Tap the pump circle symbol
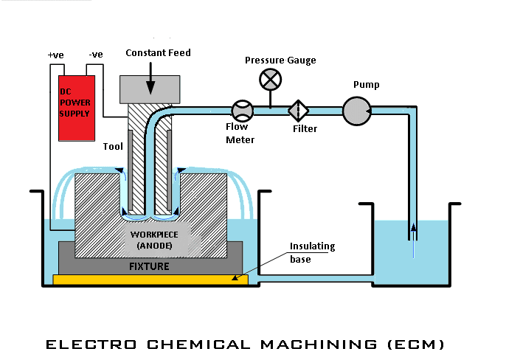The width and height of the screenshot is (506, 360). [x=356, y=111]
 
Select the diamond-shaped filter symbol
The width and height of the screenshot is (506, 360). [x=298, y=111]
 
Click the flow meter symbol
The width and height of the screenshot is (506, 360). [x=242, y=111]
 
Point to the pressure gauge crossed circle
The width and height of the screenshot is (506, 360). [x=270, y=78]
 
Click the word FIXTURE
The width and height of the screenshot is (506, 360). [x=150, y=266]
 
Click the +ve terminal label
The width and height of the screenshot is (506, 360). [x=55, y=55]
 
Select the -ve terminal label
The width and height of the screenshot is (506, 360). [x=95, y=55]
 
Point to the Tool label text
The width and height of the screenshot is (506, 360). [x=112, y=146]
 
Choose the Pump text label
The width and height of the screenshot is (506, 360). [x=366, y=85]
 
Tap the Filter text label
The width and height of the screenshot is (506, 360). [x=305, y=129]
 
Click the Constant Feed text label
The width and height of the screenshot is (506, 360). [x=158, y=52]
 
